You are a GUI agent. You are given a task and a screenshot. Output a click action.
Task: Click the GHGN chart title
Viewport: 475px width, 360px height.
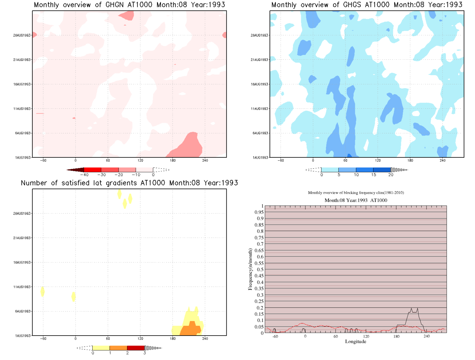click(129, 5)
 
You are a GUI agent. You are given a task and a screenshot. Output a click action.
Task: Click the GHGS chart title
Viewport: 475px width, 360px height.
click(367, 5)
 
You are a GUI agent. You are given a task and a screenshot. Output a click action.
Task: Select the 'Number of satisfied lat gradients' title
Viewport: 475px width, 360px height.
click(129, 183)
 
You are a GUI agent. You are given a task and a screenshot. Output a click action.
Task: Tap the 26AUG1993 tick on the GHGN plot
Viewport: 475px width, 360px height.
click(22, 35)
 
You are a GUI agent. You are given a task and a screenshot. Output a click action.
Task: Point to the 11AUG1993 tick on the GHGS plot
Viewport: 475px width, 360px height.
click(259, 109)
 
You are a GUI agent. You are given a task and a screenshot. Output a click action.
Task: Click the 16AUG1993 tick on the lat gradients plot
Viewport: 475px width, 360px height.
click(22, 263)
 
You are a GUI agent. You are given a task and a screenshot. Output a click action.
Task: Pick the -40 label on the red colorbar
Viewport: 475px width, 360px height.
click(84, 175)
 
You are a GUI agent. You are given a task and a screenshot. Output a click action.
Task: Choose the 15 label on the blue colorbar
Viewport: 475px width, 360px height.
click(373, 175)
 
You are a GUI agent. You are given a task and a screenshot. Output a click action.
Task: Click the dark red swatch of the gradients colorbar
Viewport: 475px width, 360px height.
click(136, 348)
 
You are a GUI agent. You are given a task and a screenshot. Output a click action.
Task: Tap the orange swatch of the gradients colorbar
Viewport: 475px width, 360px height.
click(118, 348)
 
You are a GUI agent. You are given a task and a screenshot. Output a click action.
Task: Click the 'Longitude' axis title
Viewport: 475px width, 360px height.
click(356, 342)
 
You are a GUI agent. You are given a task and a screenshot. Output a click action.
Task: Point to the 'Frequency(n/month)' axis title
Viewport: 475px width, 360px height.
click(250, 269)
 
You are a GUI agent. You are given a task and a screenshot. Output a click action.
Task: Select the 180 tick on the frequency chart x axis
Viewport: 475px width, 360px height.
click(396, 337)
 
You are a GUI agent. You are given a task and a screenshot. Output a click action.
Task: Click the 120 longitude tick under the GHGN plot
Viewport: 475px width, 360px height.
click(140, 161)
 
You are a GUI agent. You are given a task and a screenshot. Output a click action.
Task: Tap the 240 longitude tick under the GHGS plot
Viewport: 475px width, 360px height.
click(442, 161)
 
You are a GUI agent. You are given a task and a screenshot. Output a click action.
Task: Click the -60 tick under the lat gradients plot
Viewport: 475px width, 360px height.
click(43, 339)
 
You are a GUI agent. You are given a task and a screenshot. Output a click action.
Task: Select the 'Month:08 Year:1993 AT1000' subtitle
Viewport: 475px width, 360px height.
click(356, 200)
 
